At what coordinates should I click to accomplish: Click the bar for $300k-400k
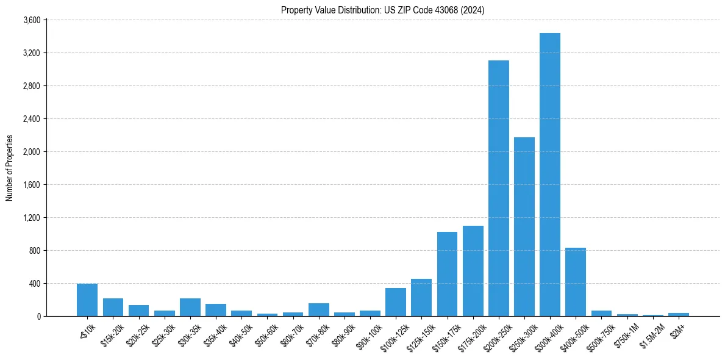(549, 175)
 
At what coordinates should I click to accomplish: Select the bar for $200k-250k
(498, 188)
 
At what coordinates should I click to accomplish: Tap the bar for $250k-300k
(524, 226)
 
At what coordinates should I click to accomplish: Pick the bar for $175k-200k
(473, 271)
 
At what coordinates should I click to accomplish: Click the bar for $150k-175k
(447, 274)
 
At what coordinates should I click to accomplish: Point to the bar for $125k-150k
(421, 297)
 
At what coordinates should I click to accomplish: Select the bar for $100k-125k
(396, 302)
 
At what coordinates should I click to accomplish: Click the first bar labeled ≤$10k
(87, 300)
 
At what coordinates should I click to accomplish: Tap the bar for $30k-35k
(190, 307)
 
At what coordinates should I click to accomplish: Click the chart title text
(382, 10)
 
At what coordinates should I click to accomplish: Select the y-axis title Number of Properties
(10, 168)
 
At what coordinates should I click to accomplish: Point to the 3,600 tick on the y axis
(32, 20)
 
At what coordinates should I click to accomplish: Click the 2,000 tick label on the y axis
(32, 152)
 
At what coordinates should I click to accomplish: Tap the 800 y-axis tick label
(35, 251)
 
